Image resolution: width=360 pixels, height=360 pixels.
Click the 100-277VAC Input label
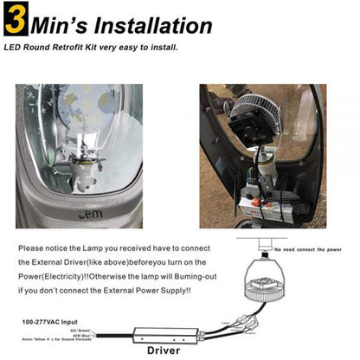tap(46, 321)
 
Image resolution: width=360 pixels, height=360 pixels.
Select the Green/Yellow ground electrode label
tap(55, 344)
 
